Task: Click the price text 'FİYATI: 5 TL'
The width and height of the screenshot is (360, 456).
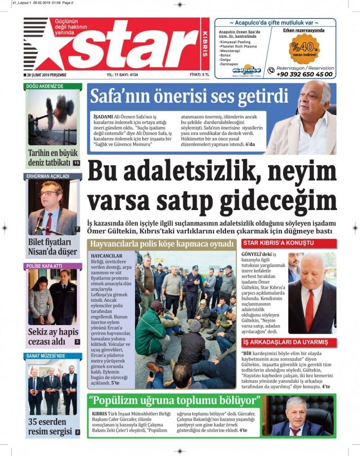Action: pyautogui.click(x=199, y=75)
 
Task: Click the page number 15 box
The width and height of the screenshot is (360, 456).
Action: pyautogui.click(x=76, y=162)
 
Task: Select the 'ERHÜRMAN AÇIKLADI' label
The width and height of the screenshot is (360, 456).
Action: pyautogui.click(x=48, y=176)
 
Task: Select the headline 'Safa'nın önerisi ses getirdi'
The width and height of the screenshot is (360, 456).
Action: pyautogui.click(x=189, y=96)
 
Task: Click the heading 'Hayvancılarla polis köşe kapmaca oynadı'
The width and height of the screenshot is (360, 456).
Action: pyautogui.click(x=162, y=244)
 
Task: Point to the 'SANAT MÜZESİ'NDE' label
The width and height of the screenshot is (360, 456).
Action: pyautogui.click(x=46, y=356)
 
